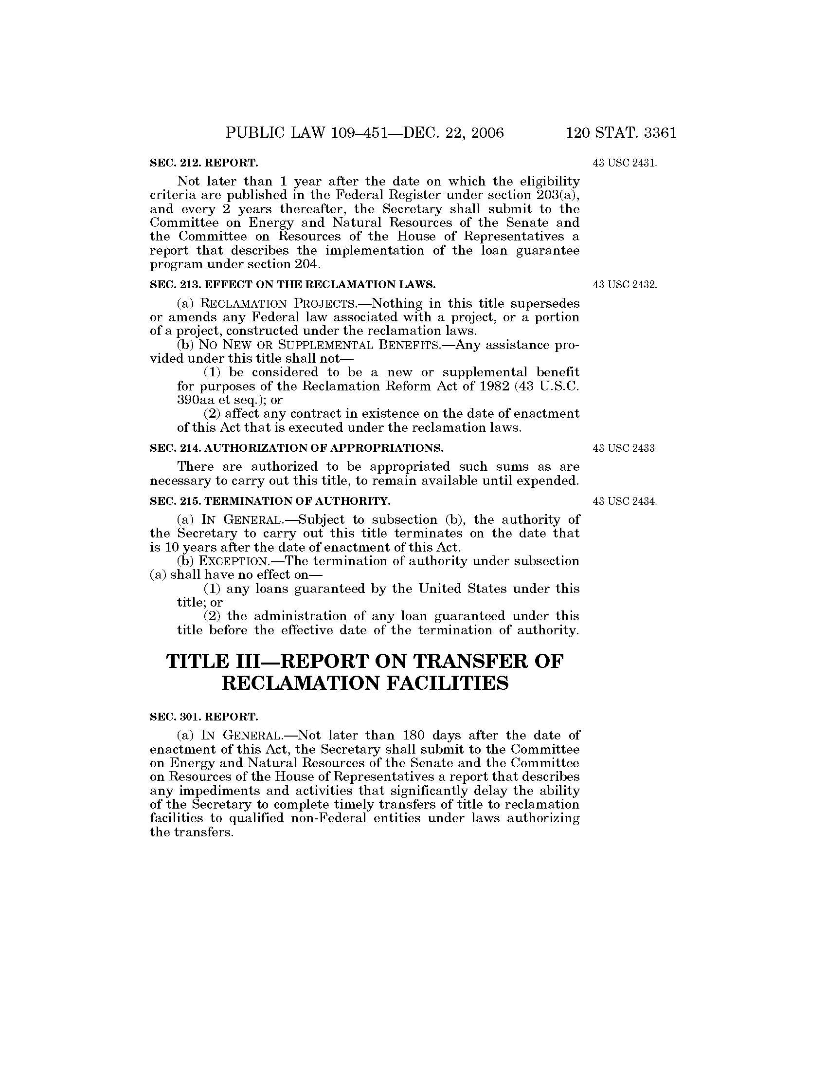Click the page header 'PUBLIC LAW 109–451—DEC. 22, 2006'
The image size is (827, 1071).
[x=364, y=133]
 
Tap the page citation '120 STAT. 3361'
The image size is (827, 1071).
[x=621, y=133]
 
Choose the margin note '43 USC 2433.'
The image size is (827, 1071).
[x=625, y=448]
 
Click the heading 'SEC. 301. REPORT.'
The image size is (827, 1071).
[x=204, y=717]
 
